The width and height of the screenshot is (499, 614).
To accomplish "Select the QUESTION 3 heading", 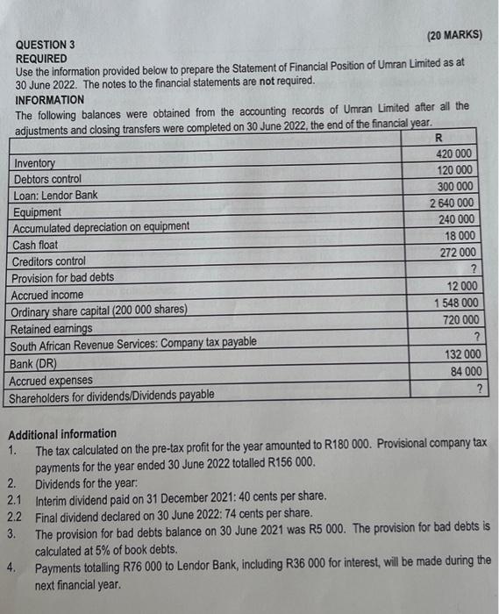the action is click(46, 44).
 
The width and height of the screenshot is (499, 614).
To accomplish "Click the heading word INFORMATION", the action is click(50, 100).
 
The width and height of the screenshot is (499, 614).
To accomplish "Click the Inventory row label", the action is click(34, 163).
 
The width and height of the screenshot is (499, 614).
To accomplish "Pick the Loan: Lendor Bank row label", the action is click(56, 196).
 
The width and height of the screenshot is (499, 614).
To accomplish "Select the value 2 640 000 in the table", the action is click(453, 203).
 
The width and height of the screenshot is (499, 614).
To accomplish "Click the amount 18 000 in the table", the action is click(460, 236).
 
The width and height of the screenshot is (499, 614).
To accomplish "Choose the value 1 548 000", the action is click(455, 303).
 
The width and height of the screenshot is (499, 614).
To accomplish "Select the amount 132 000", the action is click(460, 353).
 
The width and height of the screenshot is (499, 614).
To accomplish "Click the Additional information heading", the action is click(61, 433).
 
